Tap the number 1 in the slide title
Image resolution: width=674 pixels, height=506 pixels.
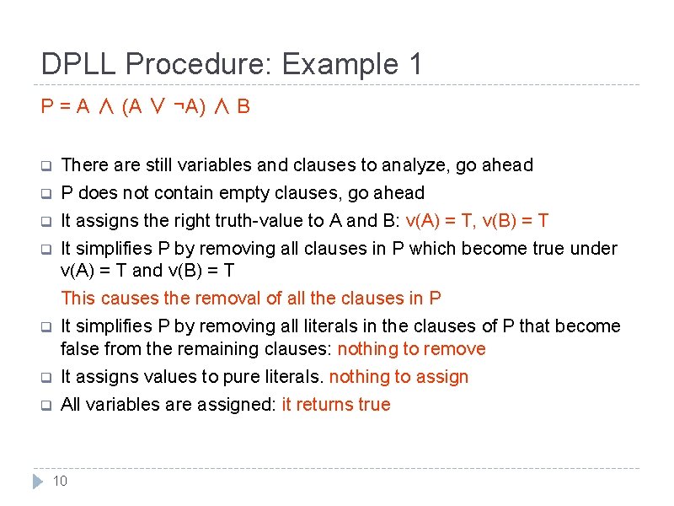[413, 64]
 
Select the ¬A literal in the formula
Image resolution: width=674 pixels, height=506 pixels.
[186, 107]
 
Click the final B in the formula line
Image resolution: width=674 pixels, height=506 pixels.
[243, 107]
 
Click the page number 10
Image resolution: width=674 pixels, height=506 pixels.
[60, 481]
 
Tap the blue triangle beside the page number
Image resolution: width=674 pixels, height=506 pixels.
[37, 482]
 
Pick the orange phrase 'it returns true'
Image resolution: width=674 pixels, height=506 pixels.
[336, 405]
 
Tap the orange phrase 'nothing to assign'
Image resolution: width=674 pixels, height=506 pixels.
[399, 377]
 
